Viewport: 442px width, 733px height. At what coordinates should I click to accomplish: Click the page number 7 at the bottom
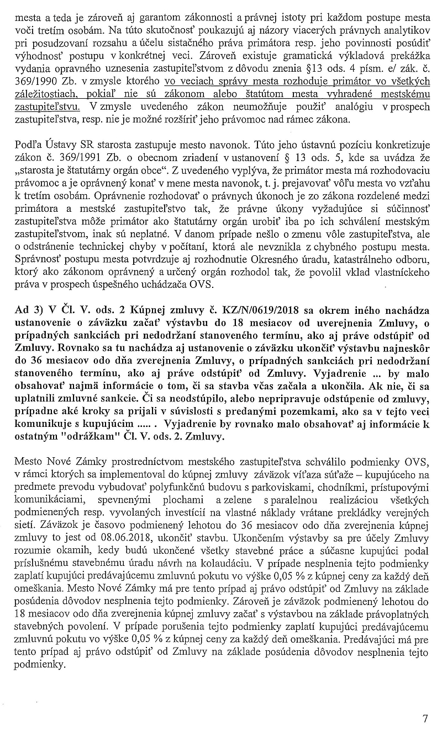(425, 718)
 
